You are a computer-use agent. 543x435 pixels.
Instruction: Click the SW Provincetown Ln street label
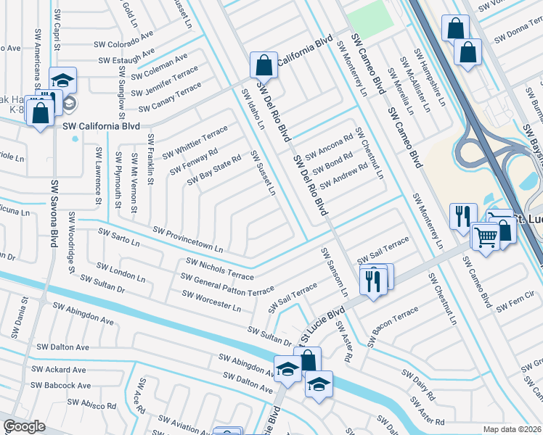point(188,240)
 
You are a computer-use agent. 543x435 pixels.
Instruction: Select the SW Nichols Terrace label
point(221,268)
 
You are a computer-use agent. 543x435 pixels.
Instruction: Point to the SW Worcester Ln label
point(211,301)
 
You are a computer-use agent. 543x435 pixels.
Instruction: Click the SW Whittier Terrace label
point(195,142)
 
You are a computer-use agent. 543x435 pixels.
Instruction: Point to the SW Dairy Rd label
point(420,388)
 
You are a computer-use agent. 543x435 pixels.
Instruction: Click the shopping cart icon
point(486,235)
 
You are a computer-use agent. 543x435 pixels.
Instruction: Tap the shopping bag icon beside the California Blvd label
point(264,65)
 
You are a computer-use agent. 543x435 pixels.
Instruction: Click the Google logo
point(24,426)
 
